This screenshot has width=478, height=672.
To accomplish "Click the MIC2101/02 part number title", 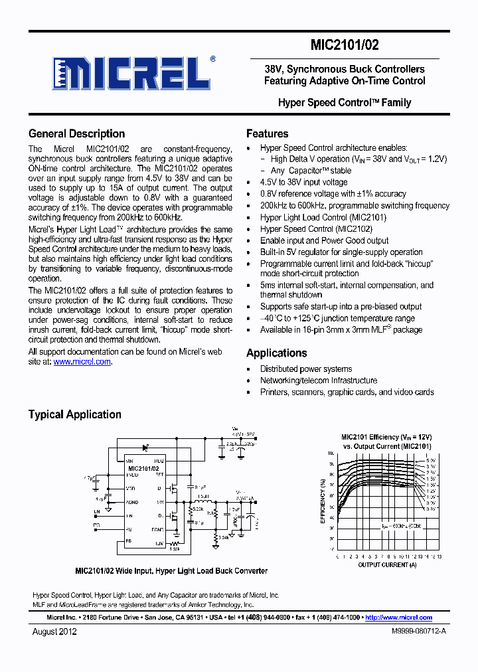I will pos(345,46).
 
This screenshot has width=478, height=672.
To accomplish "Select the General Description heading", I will pos(76,133).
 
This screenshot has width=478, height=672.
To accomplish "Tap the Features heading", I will pos(267,133).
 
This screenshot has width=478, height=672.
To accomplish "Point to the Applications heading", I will pos(276,353).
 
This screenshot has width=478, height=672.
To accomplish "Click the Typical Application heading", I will pos(74,414).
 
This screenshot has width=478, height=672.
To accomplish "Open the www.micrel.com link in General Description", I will pos(82,362).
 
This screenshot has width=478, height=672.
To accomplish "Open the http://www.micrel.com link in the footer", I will pos(398,618).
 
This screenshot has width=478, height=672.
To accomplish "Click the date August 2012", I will pos(54,631).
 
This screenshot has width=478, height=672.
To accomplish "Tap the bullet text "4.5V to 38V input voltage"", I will pos(303,182).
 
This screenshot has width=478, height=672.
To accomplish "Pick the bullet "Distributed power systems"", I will pos(305,369).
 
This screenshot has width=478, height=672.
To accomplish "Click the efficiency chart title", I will pos(386,442).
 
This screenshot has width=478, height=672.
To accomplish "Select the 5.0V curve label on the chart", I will pos(431,460).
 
